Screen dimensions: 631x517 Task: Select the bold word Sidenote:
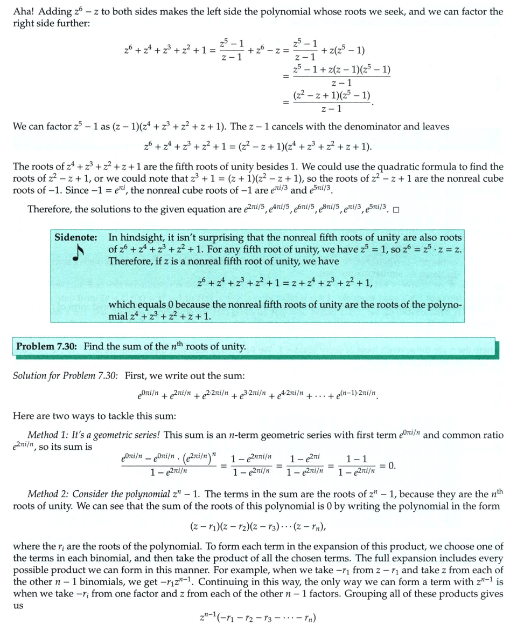click(76, 237)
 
